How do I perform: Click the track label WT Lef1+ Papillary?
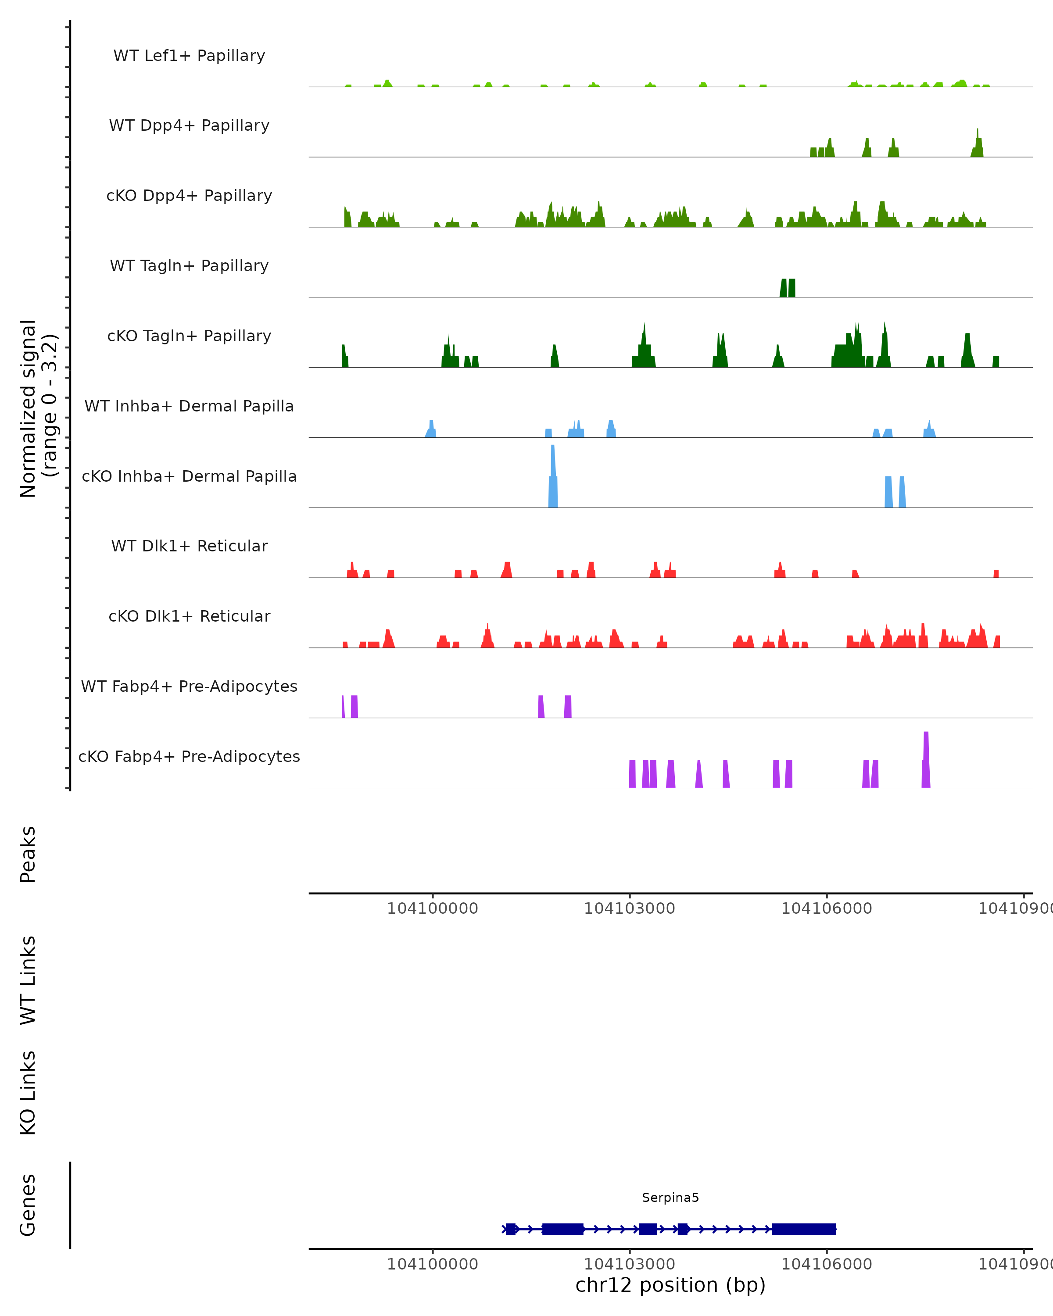click(x=189, y=56)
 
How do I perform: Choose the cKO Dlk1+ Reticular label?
click(x=189, y=616)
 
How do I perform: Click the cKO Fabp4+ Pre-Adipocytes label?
click(x=189, y=756)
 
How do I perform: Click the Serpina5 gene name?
click(x=670, y=1198)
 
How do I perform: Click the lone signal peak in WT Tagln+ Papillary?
click(x=788, y=288)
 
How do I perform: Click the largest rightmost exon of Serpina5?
click(x=803, y=1229)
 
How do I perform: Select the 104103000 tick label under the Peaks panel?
click(x=629, y=908)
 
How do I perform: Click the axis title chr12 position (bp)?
click(x=670, y=1285)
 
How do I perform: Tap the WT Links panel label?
click(x=28, y=980)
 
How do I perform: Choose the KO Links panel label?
click(x=28, y=1093)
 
